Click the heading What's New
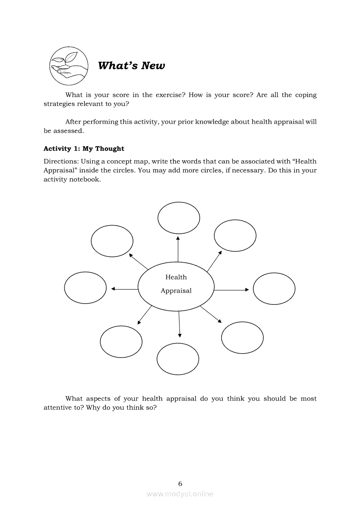(x=131, y=66)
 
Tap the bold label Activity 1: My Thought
(x=84, y=148)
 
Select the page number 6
(x=180, y=483)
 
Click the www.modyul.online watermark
(x=180, y=494)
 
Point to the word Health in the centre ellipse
(x=176, y=277)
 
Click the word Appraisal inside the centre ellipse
(x=176, y=291)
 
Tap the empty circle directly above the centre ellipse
(x=179, y=218)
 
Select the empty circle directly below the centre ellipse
(x=178, y=359)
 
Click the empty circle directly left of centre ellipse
(x=85, y=287)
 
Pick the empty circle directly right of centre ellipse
(x=274, y=289)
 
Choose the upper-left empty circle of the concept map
(x=112, y=241)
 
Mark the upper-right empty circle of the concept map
(x=235, y=236)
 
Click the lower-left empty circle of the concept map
(x=121, y=341)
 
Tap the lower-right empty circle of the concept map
(x=242, y=337)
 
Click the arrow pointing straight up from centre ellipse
(x=178, y=249)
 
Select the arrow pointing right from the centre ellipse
(x=231, y=290)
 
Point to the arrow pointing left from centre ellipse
(x=125, y=289)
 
